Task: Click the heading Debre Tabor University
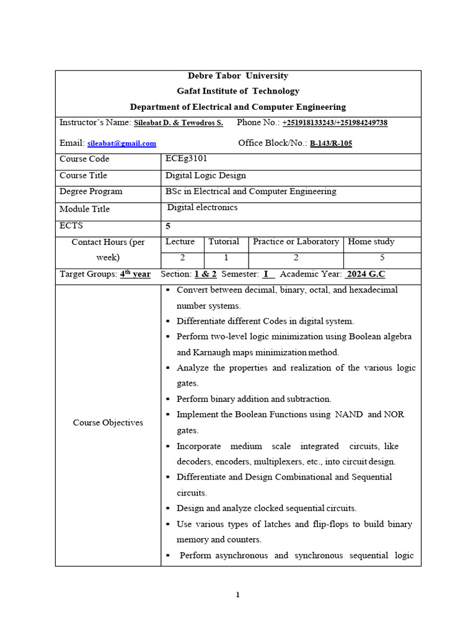238,76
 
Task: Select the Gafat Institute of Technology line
238,91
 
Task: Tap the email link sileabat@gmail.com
121,143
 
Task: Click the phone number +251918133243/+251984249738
335,123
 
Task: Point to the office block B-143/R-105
330,143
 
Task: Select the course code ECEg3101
187,159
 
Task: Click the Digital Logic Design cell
206,175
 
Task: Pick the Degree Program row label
90,192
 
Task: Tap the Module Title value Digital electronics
203,208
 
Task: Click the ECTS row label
71,226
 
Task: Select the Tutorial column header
224,242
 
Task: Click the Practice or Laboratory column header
296,242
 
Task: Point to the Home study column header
371,242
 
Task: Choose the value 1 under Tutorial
226,257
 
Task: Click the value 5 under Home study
382,257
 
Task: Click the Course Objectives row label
108,423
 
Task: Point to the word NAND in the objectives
349,415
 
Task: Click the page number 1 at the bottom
237,595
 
